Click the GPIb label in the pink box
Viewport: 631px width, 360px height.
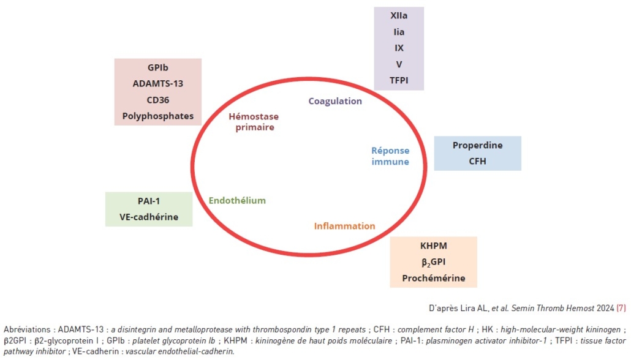pos(157,68)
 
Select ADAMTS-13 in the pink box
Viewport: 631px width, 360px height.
pos(157,84)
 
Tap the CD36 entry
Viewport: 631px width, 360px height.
pos(157,100)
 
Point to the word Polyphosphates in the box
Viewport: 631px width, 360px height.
pos(157,116)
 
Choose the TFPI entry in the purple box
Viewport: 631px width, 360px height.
pos(399,80)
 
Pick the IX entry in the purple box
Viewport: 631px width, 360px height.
pos(399,48)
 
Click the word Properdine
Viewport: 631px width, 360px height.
pos(477,145)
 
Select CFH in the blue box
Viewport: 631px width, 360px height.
pos(477,161)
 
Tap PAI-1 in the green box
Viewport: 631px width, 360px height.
pos(149,201)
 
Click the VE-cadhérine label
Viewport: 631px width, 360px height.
pos(149,217)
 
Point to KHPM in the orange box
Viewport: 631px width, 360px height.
pos(434,246)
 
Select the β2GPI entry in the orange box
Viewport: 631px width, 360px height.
pos(434,263)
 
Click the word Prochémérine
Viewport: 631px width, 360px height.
pos(434,279)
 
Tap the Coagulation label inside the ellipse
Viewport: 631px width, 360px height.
pos(335,101)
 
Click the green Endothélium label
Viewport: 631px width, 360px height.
pos(237,200)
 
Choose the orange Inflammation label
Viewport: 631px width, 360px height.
pos(344,226)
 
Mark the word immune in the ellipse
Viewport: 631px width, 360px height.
pos(390,162)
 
